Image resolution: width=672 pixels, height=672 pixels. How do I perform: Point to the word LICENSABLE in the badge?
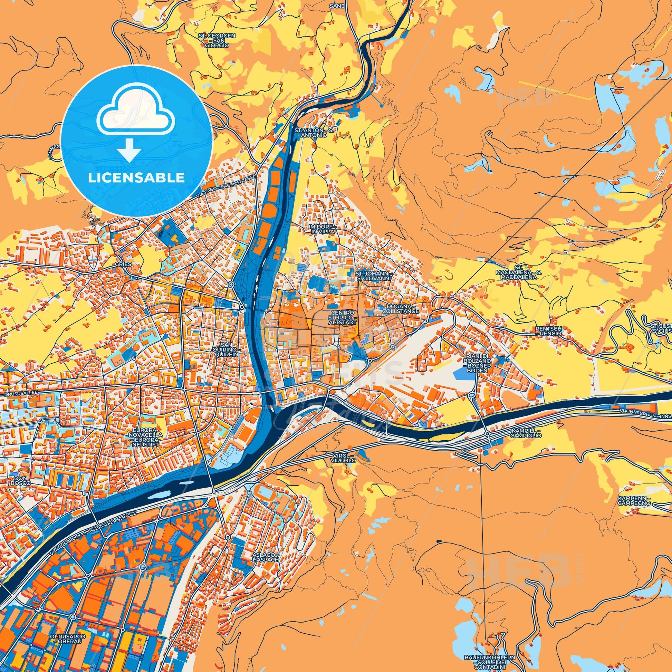coord(136,178)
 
